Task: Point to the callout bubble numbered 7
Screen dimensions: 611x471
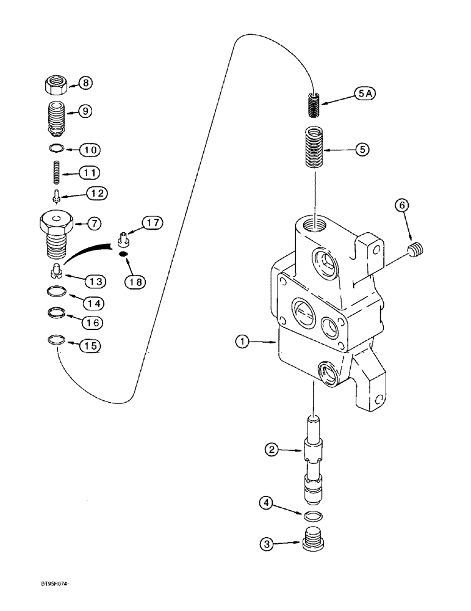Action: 93,224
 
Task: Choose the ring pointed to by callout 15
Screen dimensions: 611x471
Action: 56,339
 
